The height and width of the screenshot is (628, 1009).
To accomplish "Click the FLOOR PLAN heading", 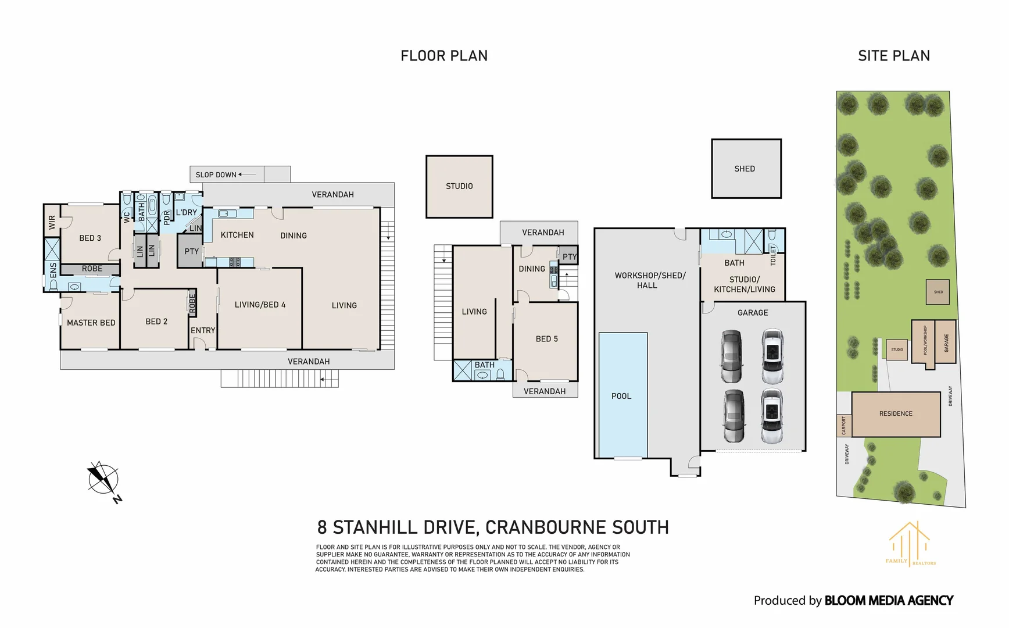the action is click(444, 56).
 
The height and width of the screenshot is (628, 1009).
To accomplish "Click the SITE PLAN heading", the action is click(894, 56).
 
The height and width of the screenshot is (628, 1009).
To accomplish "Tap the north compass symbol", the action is click(104, 481).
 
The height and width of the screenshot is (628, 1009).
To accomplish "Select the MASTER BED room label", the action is click(91, 323).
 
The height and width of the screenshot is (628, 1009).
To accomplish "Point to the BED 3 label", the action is click(90, 238).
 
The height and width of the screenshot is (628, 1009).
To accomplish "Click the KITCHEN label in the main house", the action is click(237, 235).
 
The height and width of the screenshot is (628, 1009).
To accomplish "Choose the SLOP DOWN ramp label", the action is click(216, 174).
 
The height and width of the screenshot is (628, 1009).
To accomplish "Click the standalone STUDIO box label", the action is click(459, 186).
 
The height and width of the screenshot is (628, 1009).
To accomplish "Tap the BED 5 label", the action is click(547, 339).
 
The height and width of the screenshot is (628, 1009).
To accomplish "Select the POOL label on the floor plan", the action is click(621, 396).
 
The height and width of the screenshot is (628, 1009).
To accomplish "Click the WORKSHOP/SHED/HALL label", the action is click(650, 280).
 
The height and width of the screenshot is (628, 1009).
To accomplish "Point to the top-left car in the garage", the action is click(732, 356).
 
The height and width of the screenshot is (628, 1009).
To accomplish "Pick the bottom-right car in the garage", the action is click(772, 416).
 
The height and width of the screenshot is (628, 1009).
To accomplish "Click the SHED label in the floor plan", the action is click(745, 169).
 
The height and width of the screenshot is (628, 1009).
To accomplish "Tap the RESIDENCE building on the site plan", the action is click(896, 414).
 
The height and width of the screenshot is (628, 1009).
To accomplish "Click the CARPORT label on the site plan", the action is click(844, 426).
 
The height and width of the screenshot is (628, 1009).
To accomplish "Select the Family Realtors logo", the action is click(910, 544).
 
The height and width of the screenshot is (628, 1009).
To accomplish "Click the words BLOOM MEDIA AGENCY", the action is click(889, 601).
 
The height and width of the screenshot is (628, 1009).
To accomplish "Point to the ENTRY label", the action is click(203, 330).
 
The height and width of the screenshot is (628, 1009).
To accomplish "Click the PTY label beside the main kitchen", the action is click(191, 251).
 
